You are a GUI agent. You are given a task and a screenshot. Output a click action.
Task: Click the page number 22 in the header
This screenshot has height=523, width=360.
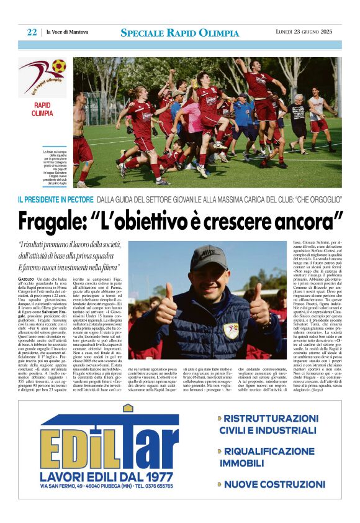click(32, 32)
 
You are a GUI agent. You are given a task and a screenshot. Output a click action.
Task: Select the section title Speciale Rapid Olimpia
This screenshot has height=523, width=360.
click(179, 32)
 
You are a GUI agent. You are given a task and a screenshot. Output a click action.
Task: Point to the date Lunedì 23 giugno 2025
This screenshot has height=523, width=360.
click(308, 32)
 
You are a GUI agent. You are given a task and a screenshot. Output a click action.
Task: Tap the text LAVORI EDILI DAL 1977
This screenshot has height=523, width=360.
click(109, 476)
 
